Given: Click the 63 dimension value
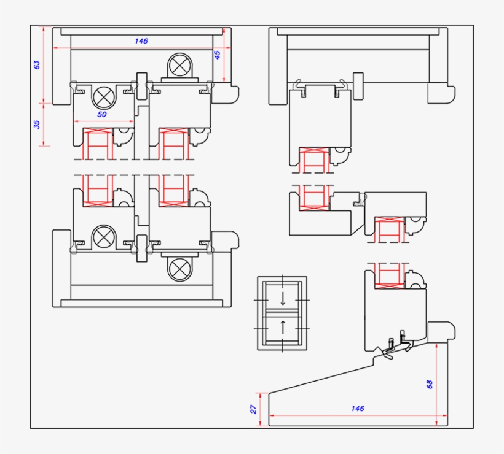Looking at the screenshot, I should click(x=37, y=64).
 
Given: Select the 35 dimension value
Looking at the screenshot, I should click(x=37, y=124).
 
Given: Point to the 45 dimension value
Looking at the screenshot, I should click(x=217, y=55).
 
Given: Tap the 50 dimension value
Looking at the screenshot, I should click(x=102, y=115).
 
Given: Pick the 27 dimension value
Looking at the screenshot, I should click(x=253, y=409).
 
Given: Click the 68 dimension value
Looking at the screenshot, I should click(x=430, y=384).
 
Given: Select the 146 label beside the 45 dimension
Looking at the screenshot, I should click(x=141, y=41).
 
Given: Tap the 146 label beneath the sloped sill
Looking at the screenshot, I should click(x=358, y=408).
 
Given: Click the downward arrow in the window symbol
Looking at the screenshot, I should click(x=283, y=299).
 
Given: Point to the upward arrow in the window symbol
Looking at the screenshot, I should click(x=283, y=326).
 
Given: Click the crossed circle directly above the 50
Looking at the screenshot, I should click(x=103, y=96).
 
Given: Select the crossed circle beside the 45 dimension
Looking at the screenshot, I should click(x=180, y=65).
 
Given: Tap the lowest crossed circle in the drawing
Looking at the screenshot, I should click(x=180, y=268).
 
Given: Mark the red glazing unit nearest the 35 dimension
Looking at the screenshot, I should click(x=97, y=144).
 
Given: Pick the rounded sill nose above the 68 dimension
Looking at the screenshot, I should click(x=441, y=331).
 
